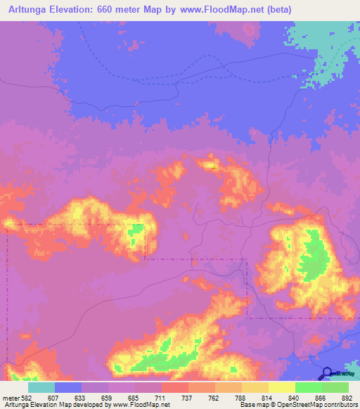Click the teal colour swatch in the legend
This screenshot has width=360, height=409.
[x=41, y=387]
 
